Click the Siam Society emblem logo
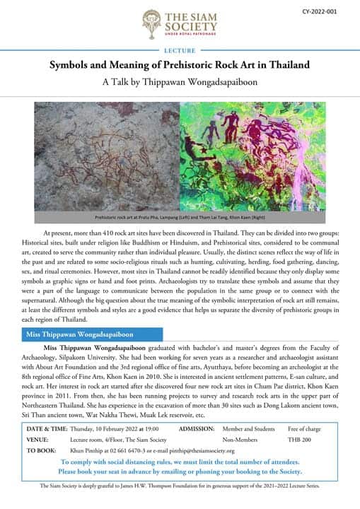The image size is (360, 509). [x=150, y=23]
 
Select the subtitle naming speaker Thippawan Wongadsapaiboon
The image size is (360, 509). [x=180, y=81]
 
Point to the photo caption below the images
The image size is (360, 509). [x=180, y=218]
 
